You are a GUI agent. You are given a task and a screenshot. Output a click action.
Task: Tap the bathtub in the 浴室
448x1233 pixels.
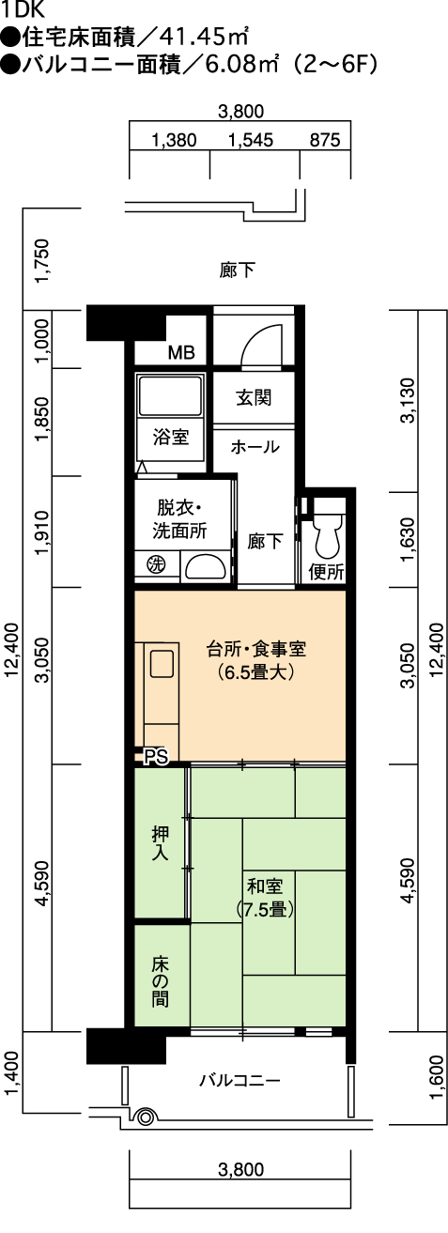(x=170, y=395)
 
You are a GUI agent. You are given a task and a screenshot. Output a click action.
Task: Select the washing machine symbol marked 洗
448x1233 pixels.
(x=156, y=563)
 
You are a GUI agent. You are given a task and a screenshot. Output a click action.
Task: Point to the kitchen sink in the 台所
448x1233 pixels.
(x=162, y=663)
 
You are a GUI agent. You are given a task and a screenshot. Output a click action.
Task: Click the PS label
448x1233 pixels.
(x=156, y=757)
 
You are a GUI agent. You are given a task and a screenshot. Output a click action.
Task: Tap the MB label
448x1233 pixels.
(x=181, y=352)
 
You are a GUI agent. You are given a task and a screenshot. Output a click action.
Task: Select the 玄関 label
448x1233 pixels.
(x=254, y=397)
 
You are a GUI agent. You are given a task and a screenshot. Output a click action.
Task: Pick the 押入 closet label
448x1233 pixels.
(x=161, y=843)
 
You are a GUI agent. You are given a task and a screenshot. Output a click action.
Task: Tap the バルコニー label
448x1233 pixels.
(x=239, y=1081)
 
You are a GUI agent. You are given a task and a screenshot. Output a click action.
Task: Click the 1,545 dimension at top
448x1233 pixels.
(x=251, y=140)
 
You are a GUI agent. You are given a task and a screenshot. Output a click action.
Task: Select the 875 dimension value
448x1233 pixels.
(x=325, y=140)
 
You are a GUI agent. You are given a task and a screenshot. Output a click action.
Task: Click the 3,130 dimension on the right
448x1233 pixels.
(x=408, y=400)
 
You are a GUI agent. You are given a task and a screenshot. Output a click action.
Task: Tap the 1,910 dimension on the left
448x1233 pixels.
(x=42, y=532)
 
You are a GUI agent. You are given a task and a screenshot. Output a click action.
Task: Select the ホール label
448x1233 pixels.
(x=255, y=446)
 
